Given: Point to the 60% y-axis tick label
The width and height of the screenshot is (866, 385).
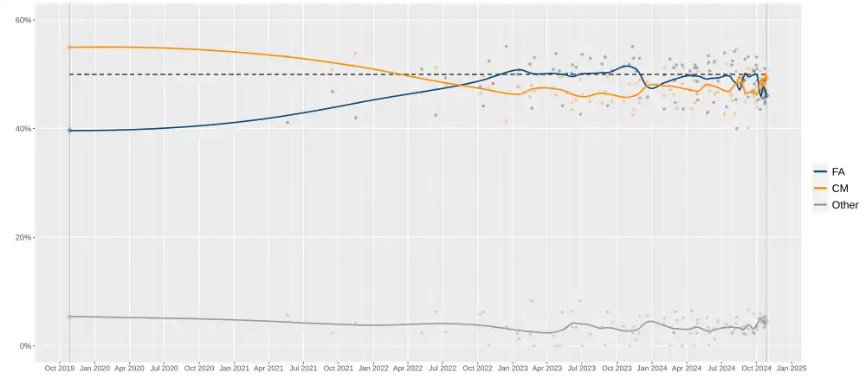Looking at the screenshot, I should pyautogui.click(x=23, y=21).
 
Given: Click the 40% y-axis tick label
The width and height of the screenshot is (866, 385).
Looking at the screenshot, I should pyautogui.click(x=23, y=129).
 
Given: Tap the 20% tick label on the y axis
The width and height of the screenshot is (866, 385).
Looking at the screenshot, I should pyautogui.click(x=23, y=238).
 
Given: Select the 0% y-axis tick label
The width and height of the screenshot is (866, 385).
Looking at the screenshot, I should pyautogui.click(x=25, y=346).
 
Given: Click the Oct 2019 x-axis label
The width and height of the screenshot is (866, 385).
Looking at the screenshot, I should pyautogui.click(x=59, y=368).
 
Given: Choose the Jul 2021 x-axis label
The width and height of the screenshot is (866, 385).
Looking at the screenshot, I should pyautogui.click(x=303, y=368).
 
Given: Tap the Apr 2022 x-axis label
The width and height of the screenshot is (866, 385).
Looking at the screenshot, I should pyautogui.click(x=408, y=368).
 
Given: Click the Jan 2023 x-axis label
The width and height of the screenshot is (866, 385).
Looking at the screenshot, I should pyautogui.click(x=513, y=368).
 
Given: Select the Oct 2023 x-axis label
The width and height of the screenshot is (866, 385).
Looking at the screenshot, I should pyautogui.click(x=617, y=368).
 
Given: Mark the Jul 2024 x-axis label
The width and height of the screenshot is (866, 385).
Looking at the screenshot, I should pyautogui.click(x=721, y=368).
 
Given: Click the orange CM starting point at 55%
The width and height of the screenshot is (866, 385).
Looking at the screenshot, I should pyautogui.click(x=69, y=48).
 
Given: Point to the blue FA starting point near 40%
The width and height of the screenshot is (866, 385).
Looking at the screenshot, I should pyautogui.click(x=69, y=130).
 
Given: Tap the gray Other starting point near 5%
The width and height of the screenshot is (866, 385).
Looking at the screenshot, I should pyautogui.click(x=69, y=317).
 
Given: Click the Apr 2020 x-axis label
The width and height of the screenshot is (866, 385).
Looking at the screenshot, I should pyautogui.click(x=129, y=368).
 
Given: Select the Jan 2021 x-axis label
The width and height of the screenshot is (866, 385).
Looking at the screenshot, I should pyautogui.click(x=234, y=368).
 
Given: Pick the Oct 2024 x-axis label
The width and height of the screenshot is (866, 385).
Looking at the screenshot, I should pyautogui.click(x=756, y=368).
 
